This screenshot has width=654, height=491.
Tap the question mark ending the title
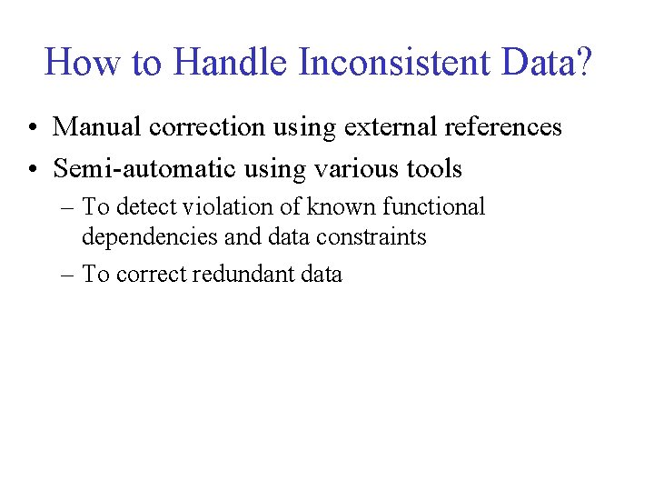point(582,63)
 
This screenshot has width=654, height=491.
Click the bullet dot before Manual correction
point(33,128)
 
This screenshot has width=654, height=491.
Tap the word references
point(502,127)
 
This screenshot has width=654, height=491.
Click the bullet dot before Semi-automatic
point(33,170)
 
